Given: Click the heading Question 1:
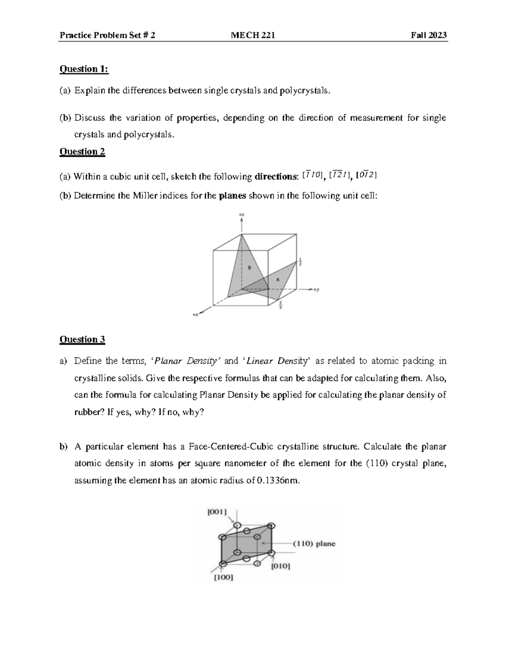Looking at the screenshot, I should [84, 69].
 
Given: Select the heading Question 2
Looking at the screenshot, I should [82, 151].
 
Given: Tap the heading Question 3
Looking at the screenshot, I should [82, 339].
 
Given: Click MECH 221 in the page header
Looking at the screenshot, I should [253, 35].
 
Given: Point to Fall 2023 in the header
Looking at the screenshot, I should [428, 35].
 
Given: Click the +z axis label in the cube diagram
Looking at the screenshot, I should [241, 215].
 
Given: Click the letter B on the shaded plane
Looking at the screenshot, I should [249, 267].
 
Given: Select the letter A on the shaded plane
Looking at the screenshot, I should [277, 280].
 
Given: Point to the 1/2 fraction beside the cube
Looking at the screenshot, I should [300, 262].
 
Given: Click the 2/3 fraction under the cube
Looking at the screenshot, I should [280, 305].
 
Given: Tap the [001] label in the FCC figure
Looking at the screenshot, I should [217, 512].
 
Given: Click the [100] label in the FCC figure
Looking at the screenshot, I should [223, 577].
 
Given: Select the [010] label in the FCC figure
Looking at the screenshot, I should [280, 566].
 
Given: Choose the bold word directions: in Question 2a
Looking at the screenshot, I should [276, 176].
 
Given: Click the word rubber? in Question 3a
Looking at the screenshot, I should [89, 412].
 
